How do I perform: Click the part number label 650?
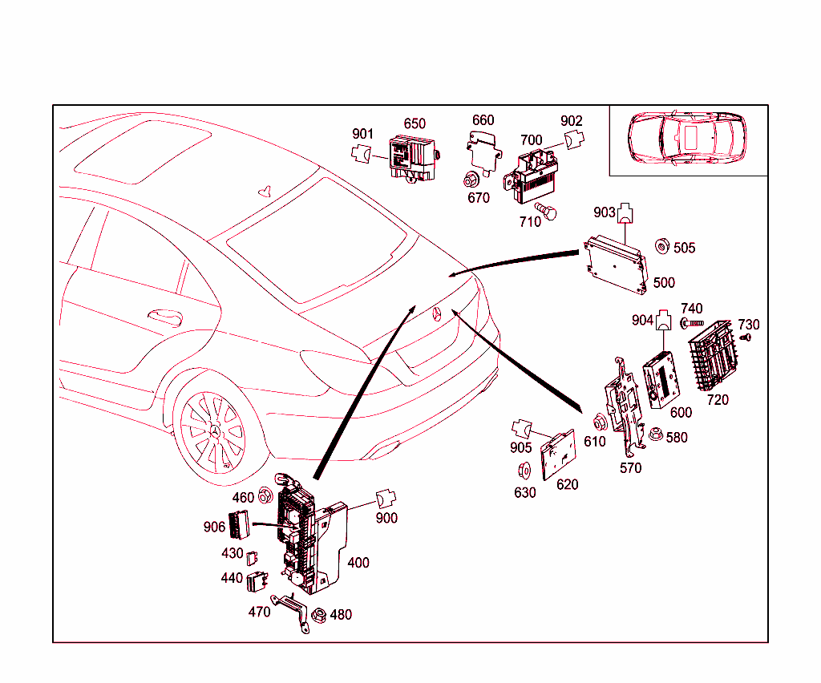coord(415,123)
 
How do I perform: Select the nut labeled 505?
coord(662,245)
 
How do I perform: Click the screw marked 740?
coord(693,323)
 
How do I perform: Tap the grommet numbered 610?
coord(598,422)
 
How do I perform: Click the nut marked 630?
coord(524,471)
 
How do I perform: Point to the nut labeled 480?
coord(317,615)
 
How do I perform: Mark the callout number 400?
coord(358,563)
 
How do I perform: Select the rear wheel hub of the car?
coord(215,433)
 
